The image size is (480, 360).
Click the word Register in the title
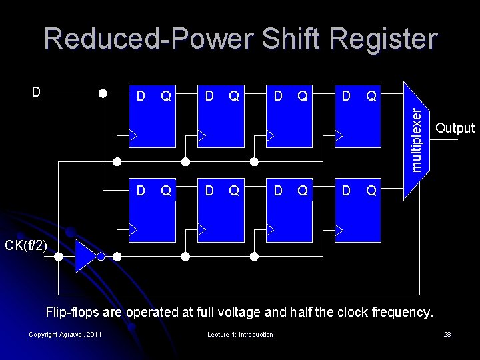376,39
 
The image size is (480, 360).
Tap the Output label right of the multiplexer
455,129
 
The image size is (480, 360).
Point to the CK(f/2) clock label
26,246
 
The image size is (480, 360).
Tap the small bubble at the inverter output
101,257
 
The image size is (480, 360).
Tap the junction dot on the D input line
103,93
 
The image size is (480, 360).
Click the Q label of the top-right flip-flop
371,97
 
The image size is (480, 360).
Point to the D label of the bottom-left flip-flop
141,191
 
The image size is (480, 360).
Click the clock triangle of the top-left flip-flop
133,136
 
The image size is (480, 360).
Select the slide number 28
447,334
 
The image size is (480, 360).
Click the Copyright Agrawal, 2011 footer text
65,334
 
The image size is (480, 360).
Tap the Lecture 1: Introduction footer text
240,334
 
